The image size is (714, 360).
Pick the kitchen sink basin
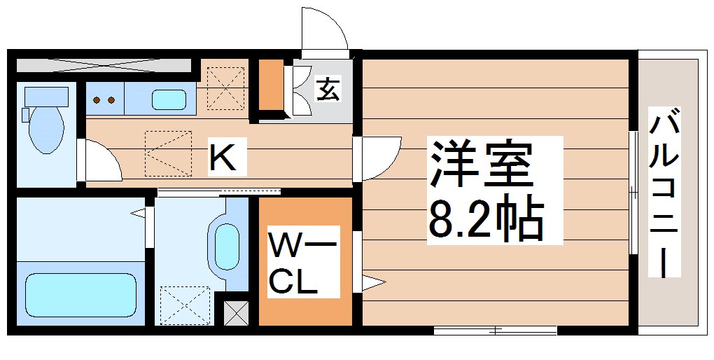point(169,99)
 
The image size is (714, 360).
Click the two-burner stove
point(104,99)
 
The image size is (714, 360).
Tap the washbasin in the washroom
point(225,245)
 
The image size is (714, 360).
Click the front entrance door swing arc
point(324,28)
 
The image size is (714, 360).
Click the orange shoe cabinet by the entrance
point(270,86)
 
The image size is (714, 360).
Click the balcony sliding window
point(633,193)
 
